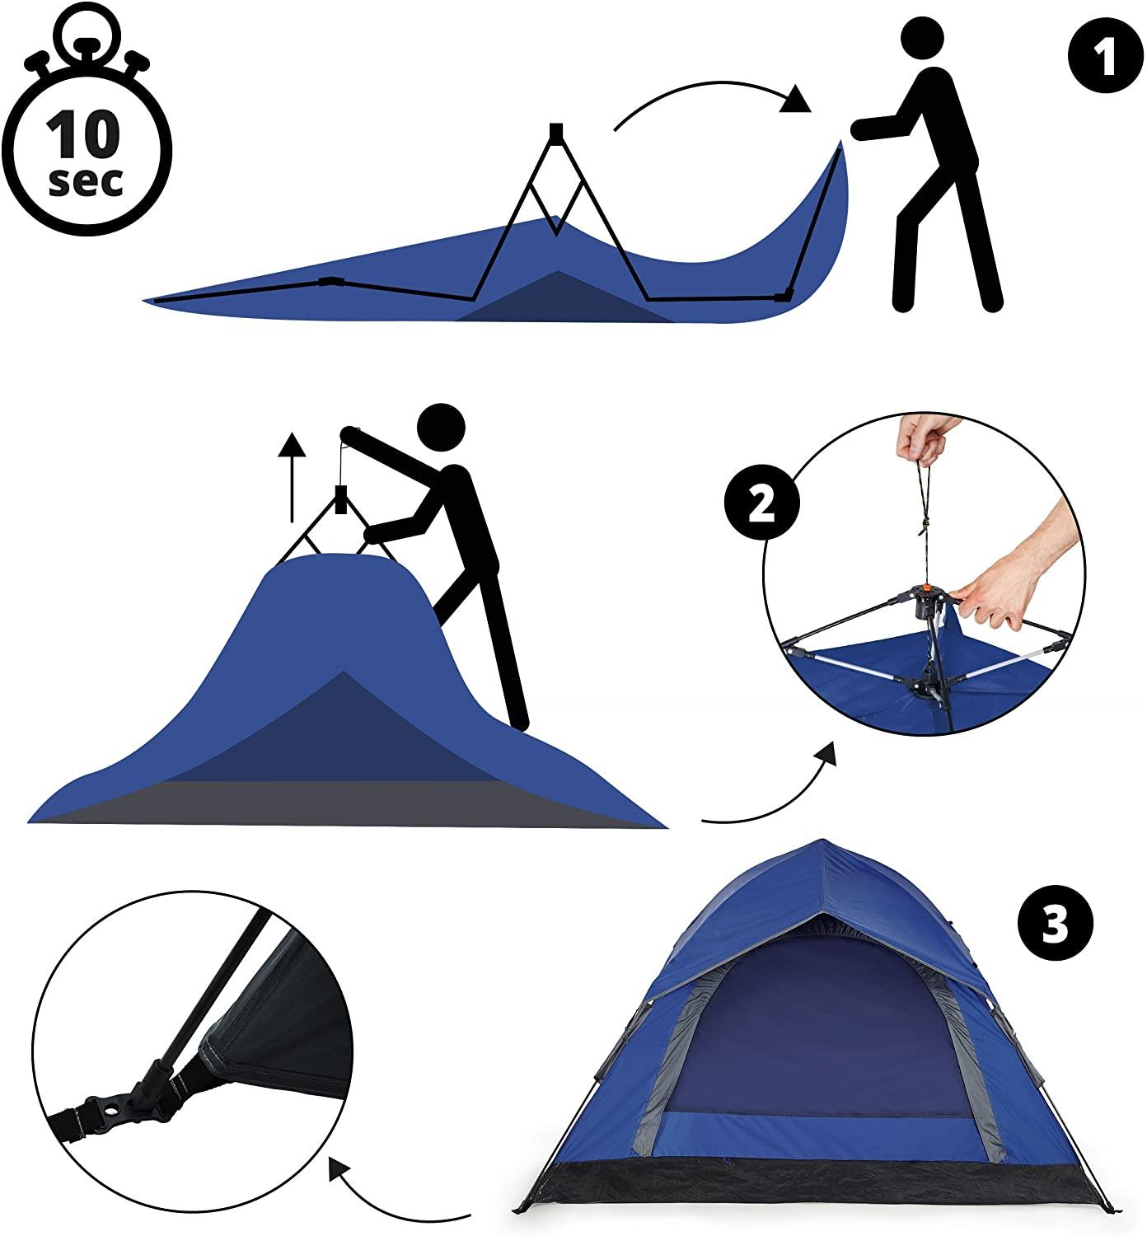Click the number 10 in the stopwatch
[82, 133]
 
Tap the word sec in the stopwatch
[85, 182]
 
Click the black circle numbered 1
[1105, 56]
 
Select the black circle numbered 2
[761, 503]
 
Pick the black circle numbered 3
[1056, 922]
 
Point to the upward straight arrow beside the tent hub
[292, 477]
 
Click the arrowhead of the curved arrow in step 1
[795, 100]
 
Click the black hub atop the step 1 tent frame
[556, 131]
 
